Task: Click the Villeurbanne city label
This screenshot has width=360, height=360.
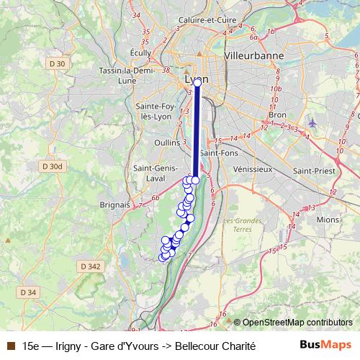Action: pos(254,55)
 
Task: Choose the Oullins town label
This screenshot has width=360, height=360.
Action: pos(166,143)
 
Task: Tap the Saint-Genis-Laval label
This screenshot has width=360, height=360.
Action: pos(152,173)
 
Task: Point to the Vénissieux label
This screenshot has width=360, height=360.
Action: pos(253,169)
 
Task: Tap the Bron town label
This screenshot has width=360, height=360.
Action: pos(276,114)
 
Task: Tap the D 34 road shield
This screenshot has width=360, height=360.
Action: pos(27,292)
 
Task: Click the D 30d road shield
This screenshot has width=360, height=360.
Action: pos(52,166)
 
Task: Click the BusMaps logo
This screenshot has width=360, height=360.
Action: pos(325,345)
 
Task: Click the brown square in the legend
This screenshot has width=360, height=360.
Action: pos(9,346)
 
